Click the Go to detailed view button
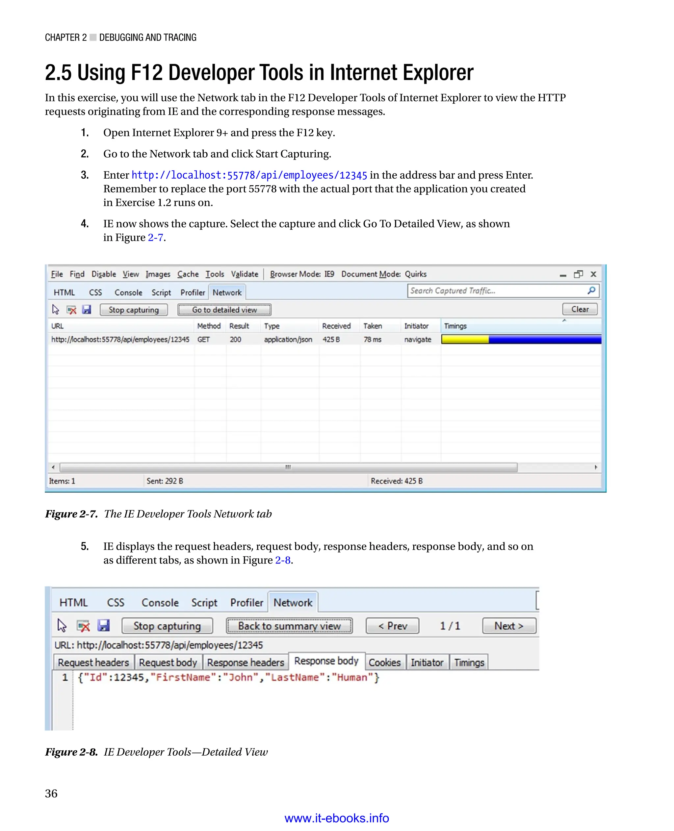point(224,309)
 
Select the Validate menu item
point(244,274)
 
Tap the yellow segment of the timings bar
point(465,339)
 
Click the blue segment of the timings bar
point(544,339)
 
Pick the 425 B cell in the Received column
point(331,339)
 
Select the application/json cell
point(288,339)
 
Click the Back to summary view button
point(289,626)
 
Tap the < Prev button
point(392,626)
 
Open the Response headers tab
point(246,662)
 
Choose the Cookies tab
point(384,662)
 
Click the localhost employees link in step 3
point(249,175)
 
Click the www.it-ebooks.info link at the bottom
point(337,818)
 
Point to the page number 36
point(51,793)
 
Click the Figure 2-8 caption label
point(71,752)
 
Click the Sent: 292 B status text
point(165,481)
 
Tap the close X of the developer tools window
point(593,274)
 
